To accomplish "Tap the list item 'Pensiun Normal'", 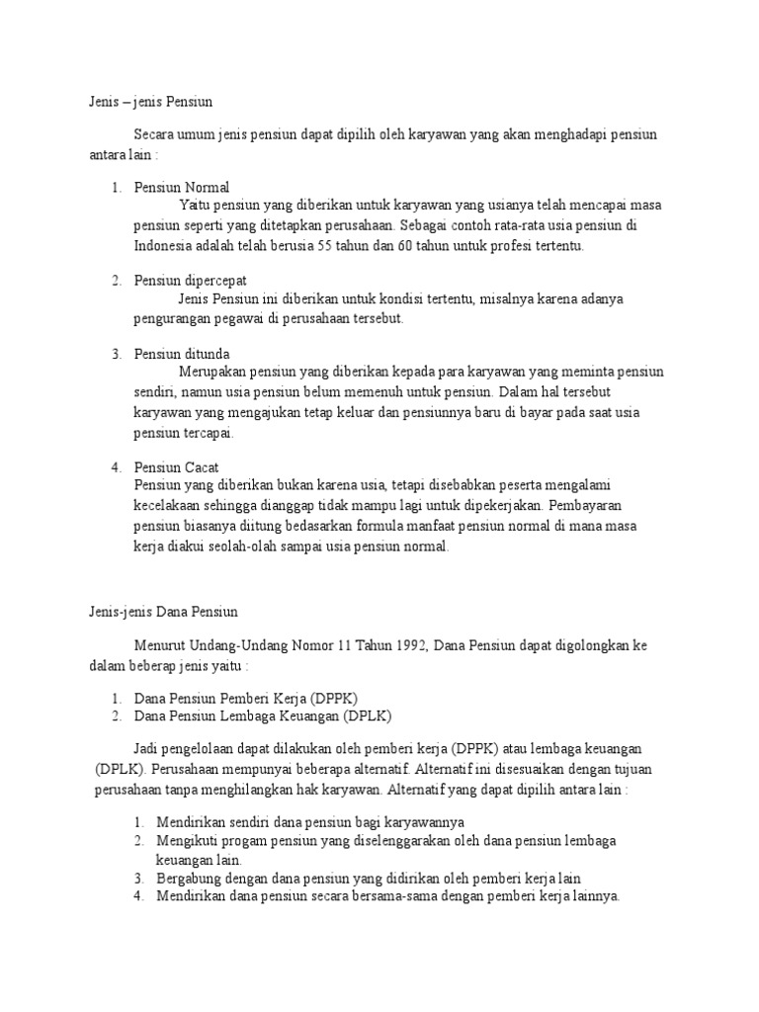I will (182, 187).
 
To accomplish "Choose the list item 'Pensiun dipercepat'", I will (191, 280).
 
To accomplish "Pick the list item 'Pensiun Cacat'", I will (176, 466).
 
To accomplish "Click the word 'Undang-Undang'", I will (243, 646).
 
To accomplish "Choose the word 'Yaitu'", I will (195, 206).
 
